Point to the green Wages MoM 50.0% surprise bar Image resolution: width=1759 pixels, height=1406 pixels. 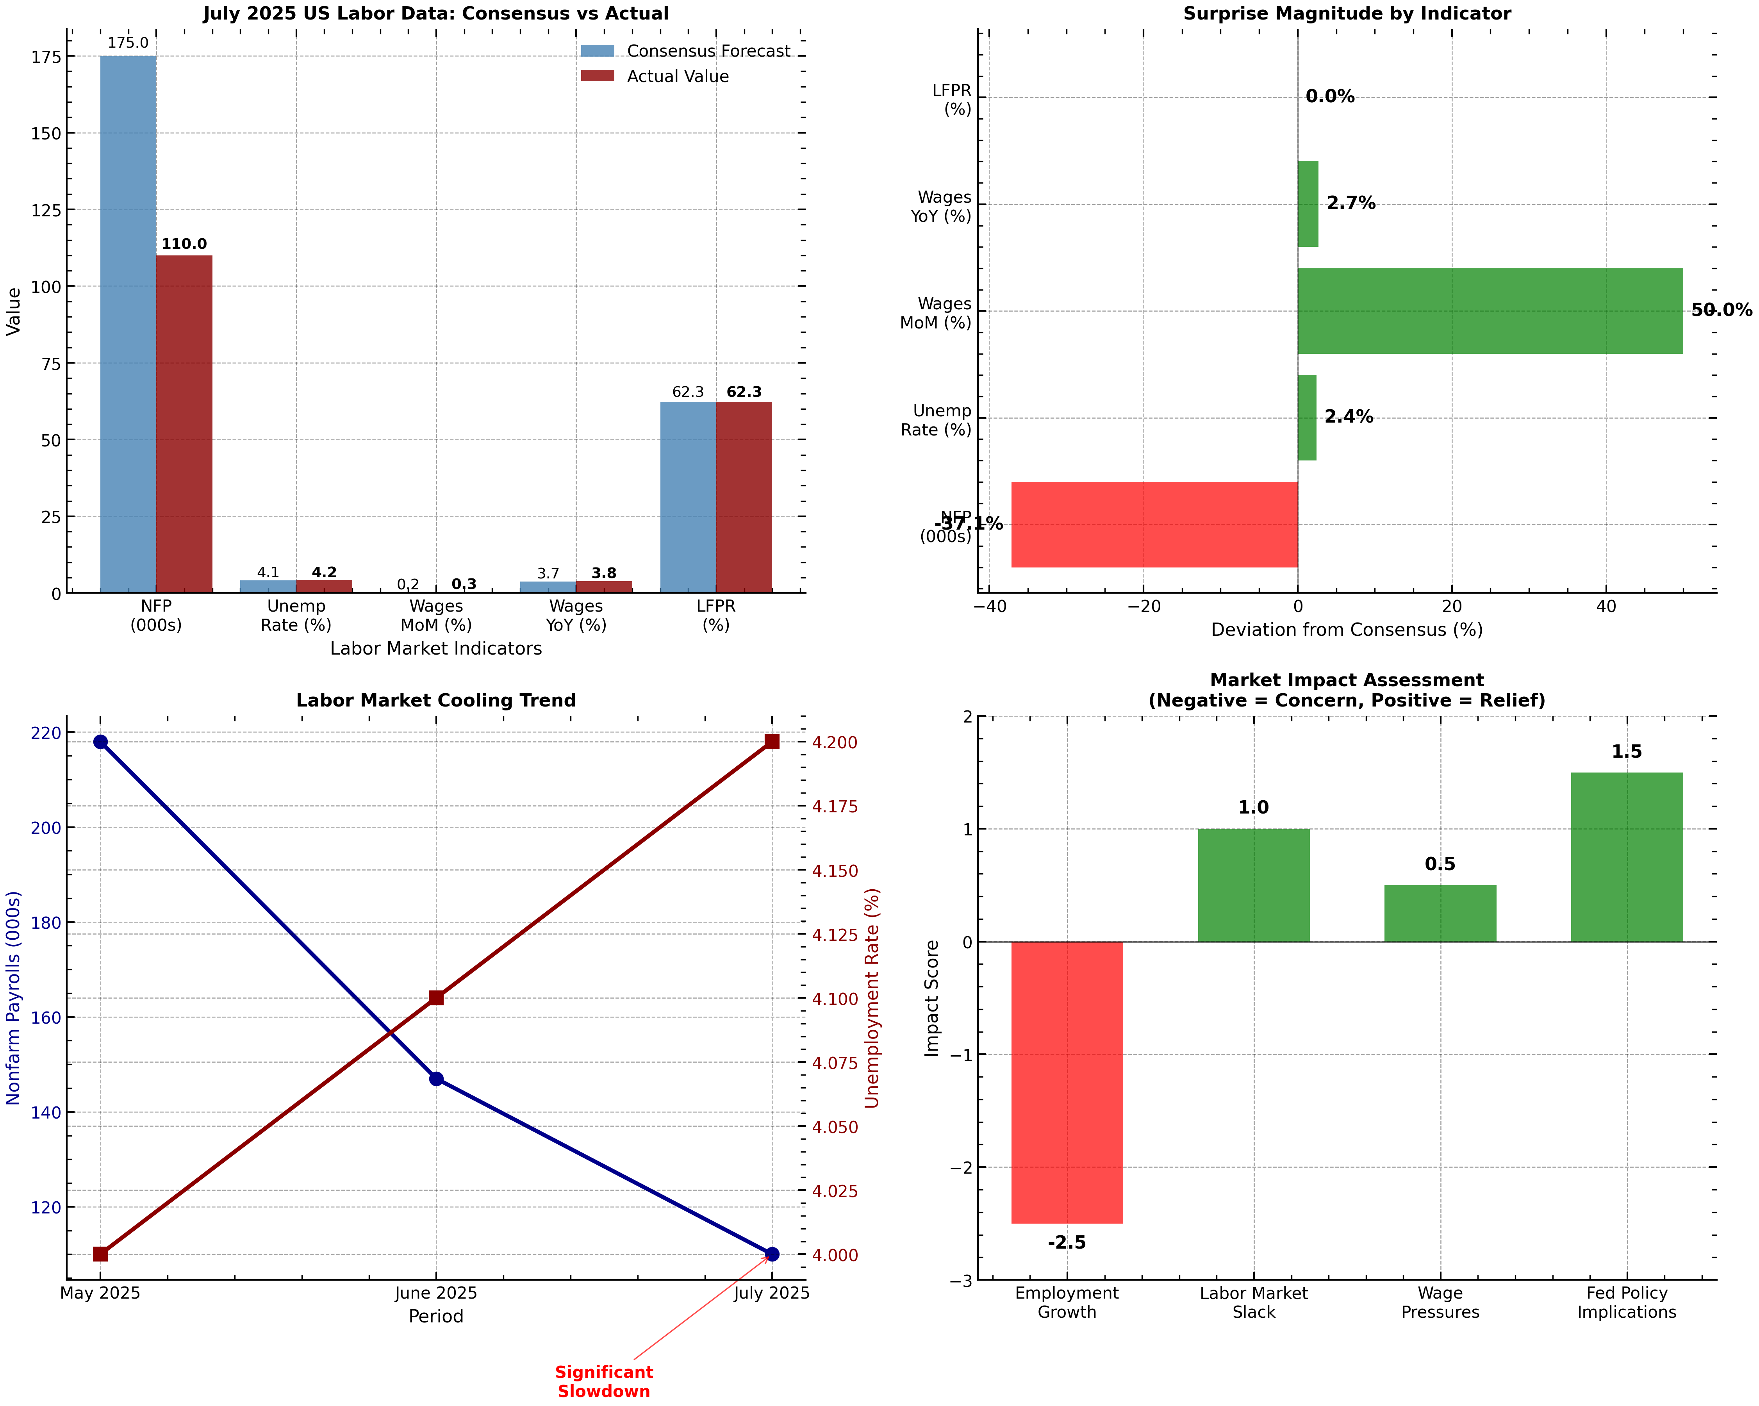click(1490, 311)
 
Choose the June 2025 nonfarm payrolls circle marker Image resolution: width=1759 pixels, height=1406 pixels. click(437, 1079)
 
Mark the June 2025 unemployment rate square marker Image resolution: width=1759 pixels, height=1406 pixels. click(437, 998)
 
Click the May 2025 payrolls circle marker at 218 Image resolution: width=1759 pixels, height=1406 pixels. click(100, 742)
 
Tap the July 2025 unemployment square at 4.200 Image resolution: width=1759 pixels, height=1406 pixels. click(772, 742)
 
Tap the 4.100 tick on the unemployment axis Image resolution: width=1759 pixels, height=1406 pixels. click(835, 999)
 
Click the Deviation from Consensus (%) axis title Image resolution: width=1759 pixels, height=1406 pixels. click(1346, 630)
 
